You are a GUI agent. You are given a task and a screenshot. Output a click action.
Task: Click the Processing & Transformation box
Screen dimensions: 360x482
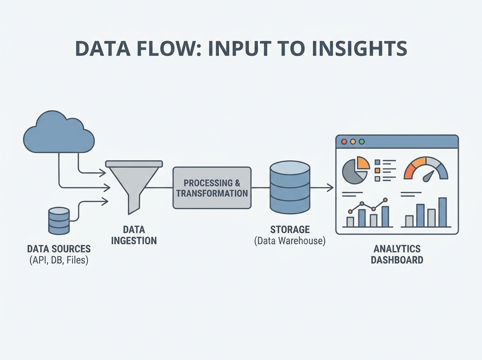pyautogui.click(x=212, y=188)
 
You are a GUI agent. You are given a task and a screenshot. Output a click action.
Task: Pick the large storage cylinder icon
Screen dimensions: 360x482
pyautogui.click(x=290, y=187)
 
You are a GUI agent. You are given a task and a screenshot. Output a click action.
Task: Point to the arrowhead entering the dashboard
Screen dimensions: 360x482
pyautogui.click(x=331, y=187)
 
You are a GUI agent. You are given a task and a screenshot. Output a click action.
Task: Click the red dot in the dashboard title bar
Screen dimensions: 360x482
pyautogui.click(x=344, y=142)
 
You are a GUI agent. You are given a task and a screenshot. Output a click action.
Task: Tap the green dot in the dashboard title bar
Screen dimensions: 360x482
pyautogui.click(x=362, y=142)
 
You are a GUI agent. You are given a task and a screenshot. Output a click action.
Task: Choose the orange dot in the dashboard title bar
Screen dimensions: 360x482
pyautogui.click(x=353, y=142)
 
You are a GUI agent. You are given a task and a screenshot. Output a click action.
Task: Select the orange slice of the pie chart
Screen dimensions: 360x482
pyautogui.click(x=362, y=163)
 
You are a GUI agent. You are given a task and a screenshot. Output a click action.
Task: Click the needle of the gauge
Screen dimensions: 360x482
pyautogui.click(x=429, y=176)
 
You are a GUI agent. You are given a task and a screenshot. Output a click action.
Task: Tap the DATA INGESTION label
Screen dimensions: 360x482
pyautogui.click(x=134, y=235)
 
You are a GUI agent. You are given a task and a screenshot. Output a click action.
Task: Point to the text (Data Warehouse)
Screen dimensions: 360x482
pyautogui.click(x=290, y=242)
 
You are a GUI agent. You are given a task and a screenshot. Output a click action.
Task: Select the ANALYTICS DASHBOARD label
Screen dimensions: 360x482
pyautogui.click(x=397, y=254)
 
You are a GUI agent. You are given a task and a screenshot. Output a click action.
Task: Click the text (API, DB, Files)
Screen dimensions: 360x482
pyautogui.click(x=59, y=260)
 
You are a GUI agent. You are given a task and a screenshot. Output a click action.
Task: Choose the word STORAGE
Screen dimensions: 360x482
pyautogui.click(x=290, y=230)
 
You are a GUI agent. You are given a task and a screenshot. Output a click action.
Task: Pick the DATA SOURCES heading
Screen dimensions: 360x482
pyautogui.click(x=59, y=248)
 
